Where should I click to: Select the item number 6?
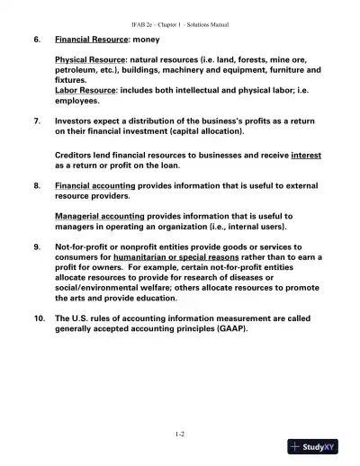[x=37, y=40]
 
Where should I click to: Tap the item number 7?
[x=37, y=119]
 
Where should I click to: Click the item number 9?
[x=37, y=246]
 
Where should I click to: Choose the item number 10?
[x=39, y=318]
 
